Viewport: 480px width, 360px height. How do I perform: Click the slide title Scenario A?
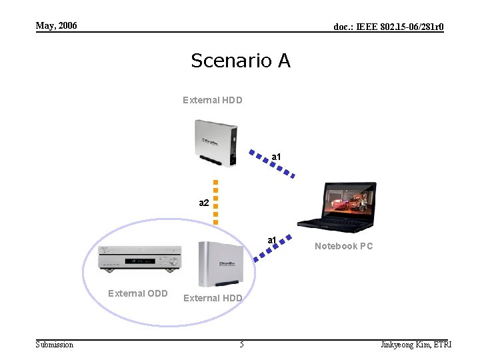coord(240,61)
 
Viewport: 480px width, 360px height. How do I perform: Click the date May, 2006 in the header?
coord(56,26)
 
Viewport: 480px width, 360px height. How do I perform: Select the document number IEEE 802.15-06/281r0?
coord(389,27)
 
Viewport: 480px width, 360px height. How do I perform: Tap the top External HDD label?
coord(213,100)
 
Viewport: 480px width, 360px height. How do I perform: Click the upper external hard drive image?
coord(214,142)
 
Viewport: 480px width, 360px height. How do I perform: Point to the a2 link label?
coord(205,202)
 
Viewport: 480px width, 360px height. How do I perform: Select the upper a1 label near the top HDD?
coord(276,157)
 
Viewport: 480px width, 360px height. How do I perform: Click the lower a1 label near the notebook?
coord(272,240)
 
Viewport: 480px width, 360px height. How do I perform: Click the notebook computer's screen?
coord(349,199)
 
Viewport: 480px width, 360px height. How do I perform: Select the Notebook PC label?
coord(343,247)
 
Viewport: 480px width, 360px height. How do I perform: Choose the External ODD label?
coord(138,293)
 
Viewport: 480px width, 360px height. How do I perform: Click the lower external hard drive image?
coord(221,264)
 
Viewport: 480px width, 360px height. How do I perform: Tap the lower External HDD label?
coord(213,298)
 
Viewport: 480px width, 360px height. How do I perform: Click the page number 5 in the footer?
coord(241,345)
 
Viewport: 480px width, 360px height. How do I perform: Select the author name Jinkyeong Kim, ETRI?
coord(415,345)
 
